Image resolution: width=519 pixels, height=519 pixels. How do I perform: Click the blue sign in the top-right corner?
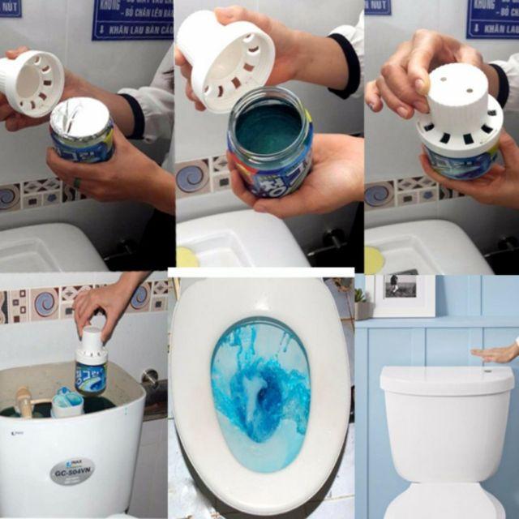tap(492, 18)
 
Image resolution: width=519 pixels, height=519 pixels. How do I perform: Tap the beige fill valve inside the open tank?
tap(24, 401)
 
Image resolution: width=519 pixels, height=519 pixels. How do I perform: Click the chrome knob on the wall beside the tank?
tap(149, 376)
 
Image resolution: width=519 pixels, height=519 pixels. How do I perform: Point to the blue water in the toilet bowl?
tap(259, 389)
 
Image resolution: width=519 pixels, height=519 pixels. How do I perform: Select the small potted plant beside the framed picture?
tap(361, 304)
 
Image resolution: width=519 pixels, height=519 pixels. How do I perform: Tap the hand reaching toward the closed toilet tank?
tap(496, 353)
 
